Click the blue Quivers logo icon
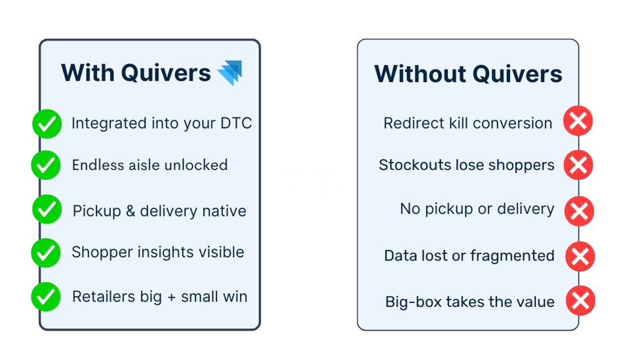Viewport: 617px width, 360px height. (x=229, y=72)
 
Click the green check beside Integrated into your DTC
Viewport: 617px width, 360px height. (x=46, y=123)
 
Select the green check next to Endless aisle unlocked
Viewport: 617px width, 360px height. (x=46, y=165)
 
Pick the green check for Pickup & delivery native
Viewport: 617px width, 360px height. (x=46, y=210)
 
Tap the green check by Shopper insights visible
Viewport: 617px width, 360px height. (x=46, y=252)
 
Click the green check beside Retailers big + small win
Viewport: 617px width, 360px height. (x=46, y=296)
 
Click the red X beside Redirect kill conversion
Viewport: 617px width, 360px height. (x=578, y=121)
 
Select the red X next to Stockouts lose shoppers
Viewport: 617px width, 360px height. (x=578, y=165)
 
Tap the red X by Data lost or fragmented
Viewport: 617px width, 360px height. (x=580, y=256)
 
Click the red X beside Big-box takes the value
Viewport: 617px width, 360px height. (x=580, y=301)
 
